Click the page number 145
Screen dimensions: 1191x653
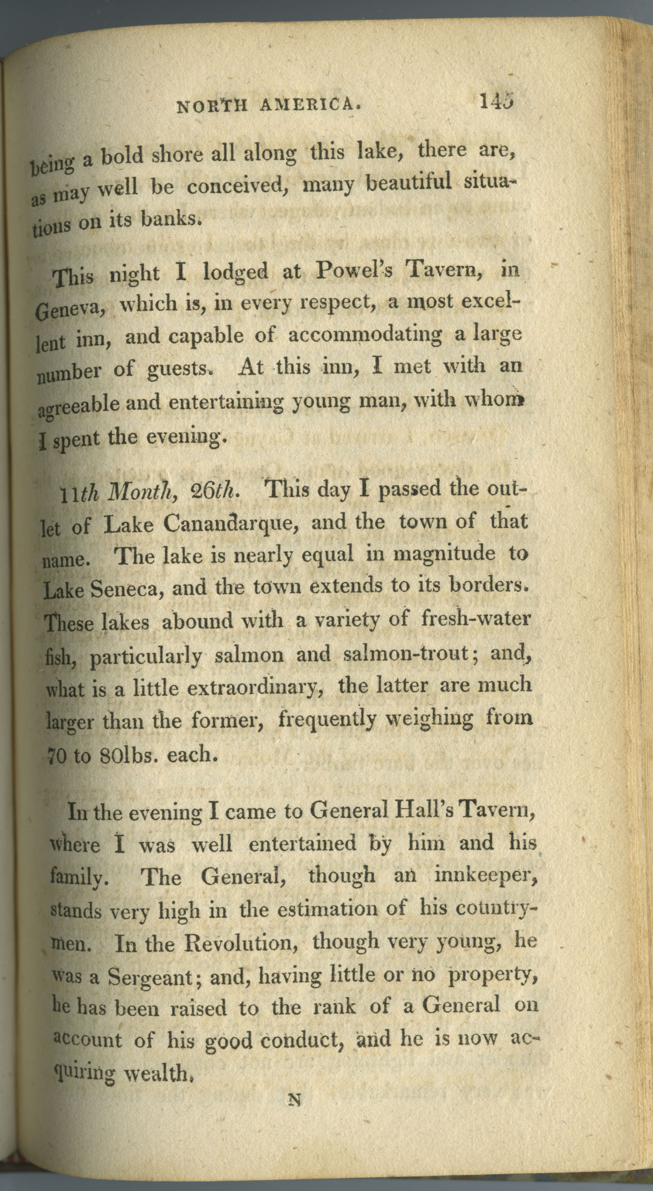coord(496,101)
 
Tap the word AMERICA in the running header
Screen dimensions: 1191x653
coord(310,106)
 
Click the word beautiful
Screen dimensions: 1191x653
coord(408,182)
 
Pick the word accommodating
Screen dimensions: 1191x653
coord(365,335)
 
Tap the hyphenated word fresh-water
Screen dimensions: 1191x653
coord(475,619)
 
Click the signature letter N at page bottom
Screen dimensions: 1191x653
coord(294,1099)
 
